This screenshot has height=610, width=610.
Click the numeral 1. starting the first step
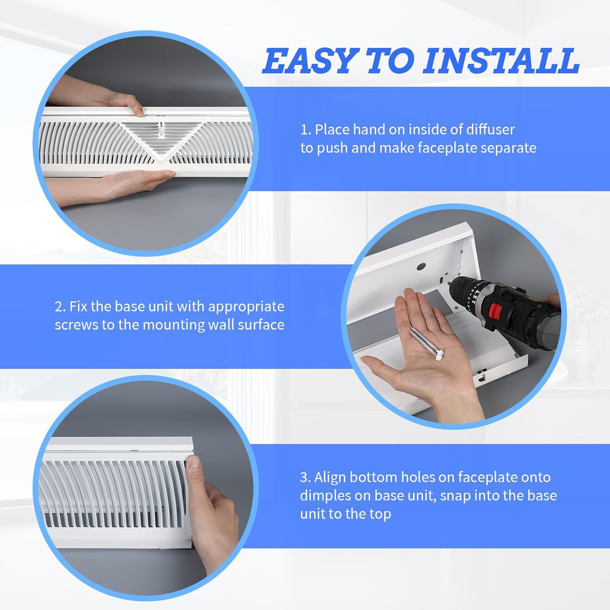[x=305, y=130]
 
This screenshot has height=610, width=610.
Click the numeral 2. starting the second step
[x=60, y=307]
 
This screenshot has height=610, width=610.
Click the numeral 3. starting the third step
[x=305, y=477]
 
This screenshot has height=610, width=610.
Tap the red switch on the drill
[x=495, y=311]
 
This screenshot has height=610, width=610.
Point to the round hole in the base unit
[x=421, y=267]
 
